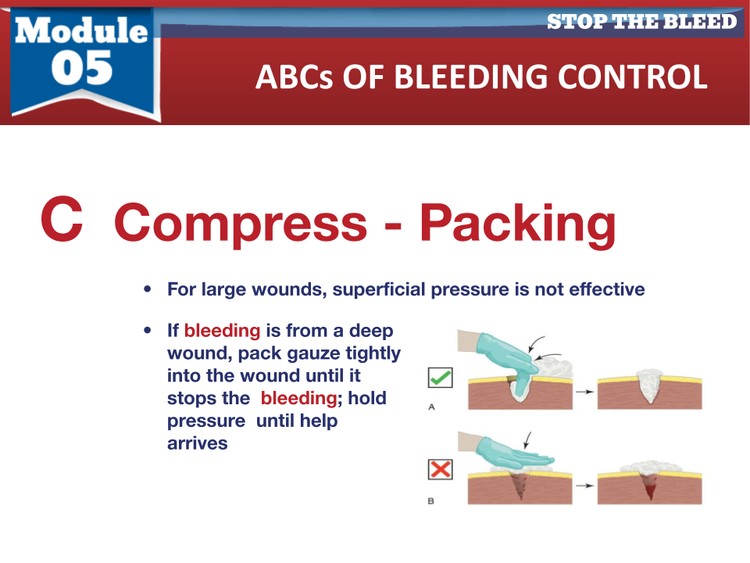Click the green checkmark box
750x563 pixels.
440,378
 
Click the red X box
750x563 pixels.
440,469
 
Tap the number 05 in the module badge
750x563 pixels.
82,67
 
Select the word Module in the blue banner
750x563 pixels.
81,30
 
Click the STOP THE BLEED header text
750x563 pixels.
641,22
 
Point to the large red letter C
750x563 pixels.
62,219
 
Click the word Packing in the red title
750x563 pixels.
517,224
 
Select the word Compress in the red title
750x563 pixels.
241,224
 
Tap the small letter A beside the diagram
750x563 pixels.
431,407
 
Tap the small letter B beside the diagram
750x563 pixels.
431,500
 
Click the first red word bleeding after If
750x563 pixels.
222,330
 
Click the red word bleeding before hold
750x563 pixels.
299,398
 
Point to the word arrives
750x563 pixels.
197,443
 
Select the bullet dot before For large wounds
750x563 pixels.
148,289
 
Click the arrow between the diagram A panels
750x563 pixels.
584,392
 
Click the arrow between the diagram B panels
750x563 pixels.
584,486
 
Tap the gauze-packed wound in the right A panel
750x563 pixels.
649,385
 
